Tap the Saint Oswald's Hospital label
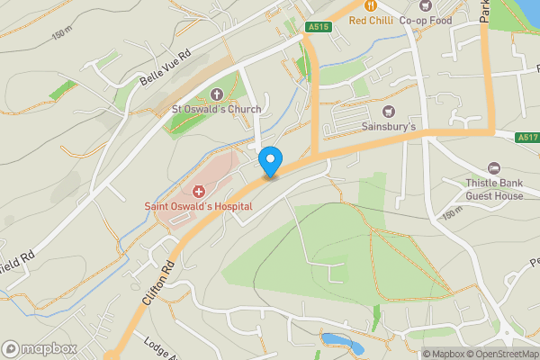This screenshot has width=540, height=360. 199,206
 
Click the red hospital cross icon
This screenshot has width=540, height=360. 199,191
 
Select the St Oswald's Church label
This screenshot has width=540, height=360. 217,110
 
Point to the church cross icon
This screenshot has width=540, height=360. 217,94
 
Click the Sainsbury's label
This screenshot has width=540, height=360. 389,127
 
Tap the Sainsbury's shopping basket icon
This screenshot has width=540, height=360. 389,112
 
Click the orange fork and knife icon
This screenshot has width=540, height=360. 370,5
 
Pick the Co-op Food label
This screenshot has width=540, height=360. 425,20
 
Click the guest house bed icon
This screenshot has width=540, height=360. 493,168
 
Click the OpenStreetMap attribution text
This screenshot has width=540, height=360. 500,354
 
